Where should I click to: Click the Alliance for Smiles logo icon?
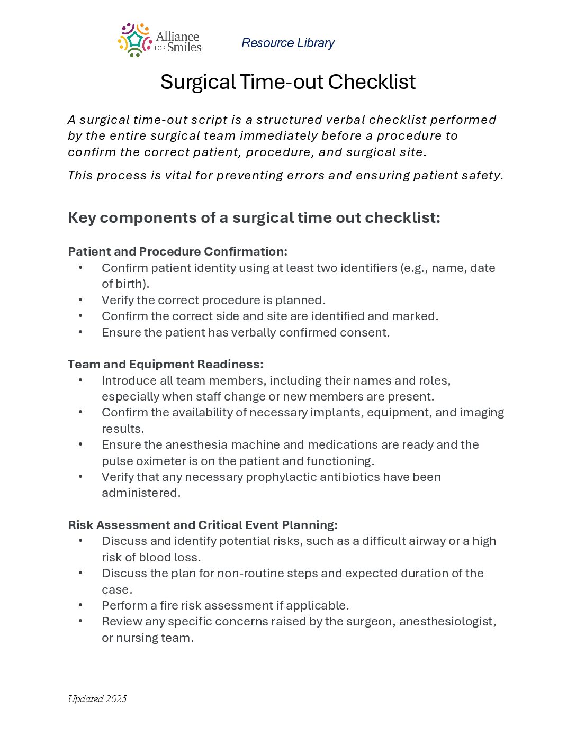coord(134,40)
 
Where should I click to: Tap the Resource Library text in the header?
coord(288,43)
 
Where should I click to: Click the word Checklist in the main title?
coord(372,82)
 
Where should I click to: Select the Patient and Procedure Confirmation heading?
coord(177,251)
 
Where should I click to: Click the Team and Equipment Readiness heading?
coord(165,364)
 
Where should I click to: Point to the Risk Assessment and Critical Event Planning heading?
coord(202,525)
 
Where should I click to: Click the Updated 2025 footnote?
coord(97,699)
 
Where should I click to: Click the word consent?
coord(366,332)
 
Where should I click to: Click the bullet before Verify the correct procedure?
coord(80,300)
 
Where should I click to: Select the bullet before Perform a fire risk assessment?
coord(80,605)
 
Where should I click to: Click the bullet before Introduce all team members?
coord(80,380)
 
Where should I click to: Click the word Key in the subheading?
coord(82,217)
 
